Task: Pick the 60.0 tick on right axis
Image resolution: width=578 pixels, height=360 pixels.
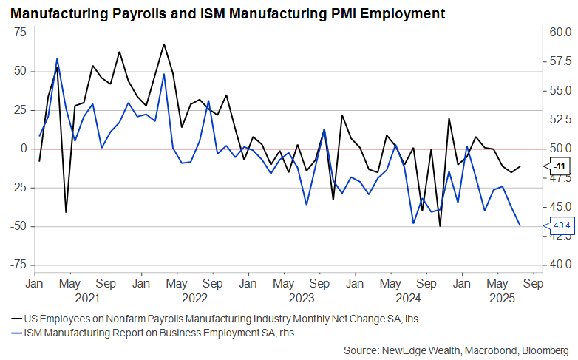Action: (557, 33)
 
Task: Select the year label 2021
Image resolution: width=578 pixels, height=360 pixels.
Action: (87, 298)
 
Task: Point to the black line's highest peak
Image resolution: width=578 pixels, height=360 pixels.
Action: (163, 44)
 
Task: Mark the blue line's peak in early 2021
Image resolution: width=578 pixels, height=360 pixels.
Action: (57, 59)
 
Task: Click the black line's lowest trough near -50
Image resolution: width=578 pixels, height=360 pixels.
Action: (441, 225)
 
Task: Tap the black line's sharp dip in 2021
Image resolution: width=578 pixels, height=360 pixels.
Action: (66, 212)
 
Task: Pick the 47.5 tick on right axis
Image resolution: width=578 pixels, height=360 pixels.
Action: (557, 177)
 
